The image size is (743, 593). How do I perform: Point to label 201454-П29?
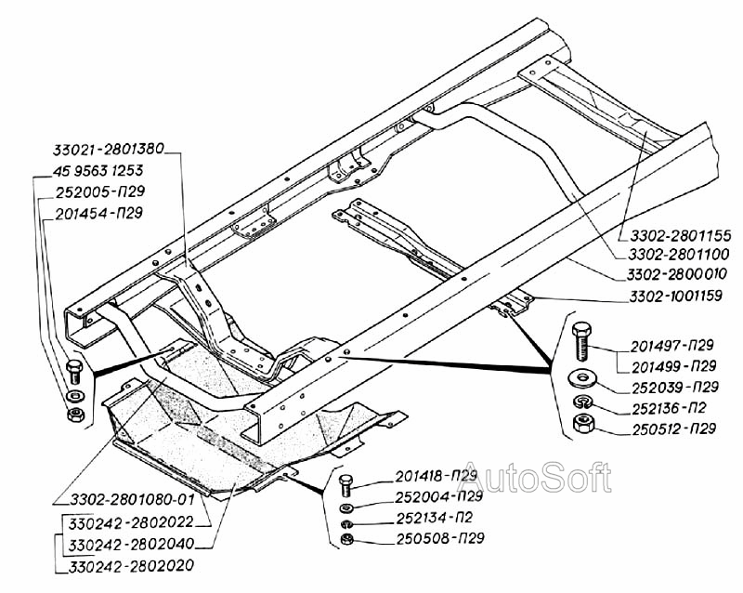pos(100,213)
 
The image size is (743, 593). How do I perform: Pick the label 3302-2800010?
pos(671,276)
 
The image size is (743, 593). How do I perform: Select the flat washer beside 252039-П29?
pos(584,378)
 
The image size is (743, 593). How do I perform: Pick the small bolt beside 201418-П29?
pos(345,483)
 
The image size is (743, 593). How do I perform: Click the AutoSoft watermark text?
pos(536,478)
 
